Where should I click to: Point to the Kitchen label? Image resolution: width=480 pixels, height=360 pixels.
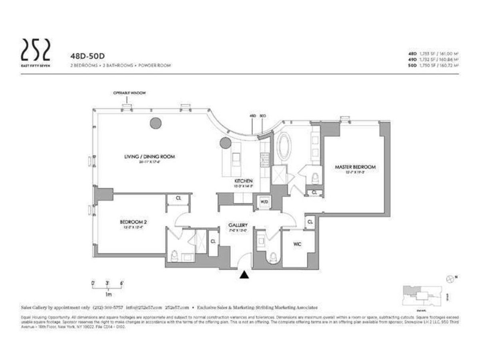coord(244,181)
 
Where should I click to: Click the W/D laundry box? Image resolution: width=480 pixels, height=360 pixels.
coord(264,202)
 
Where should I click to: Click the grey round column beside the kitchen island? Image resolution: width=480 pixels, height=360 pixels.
coord(225,142)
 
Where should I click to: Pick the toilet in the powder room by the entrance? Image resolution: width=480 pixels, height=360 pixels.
coord(274,258)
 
